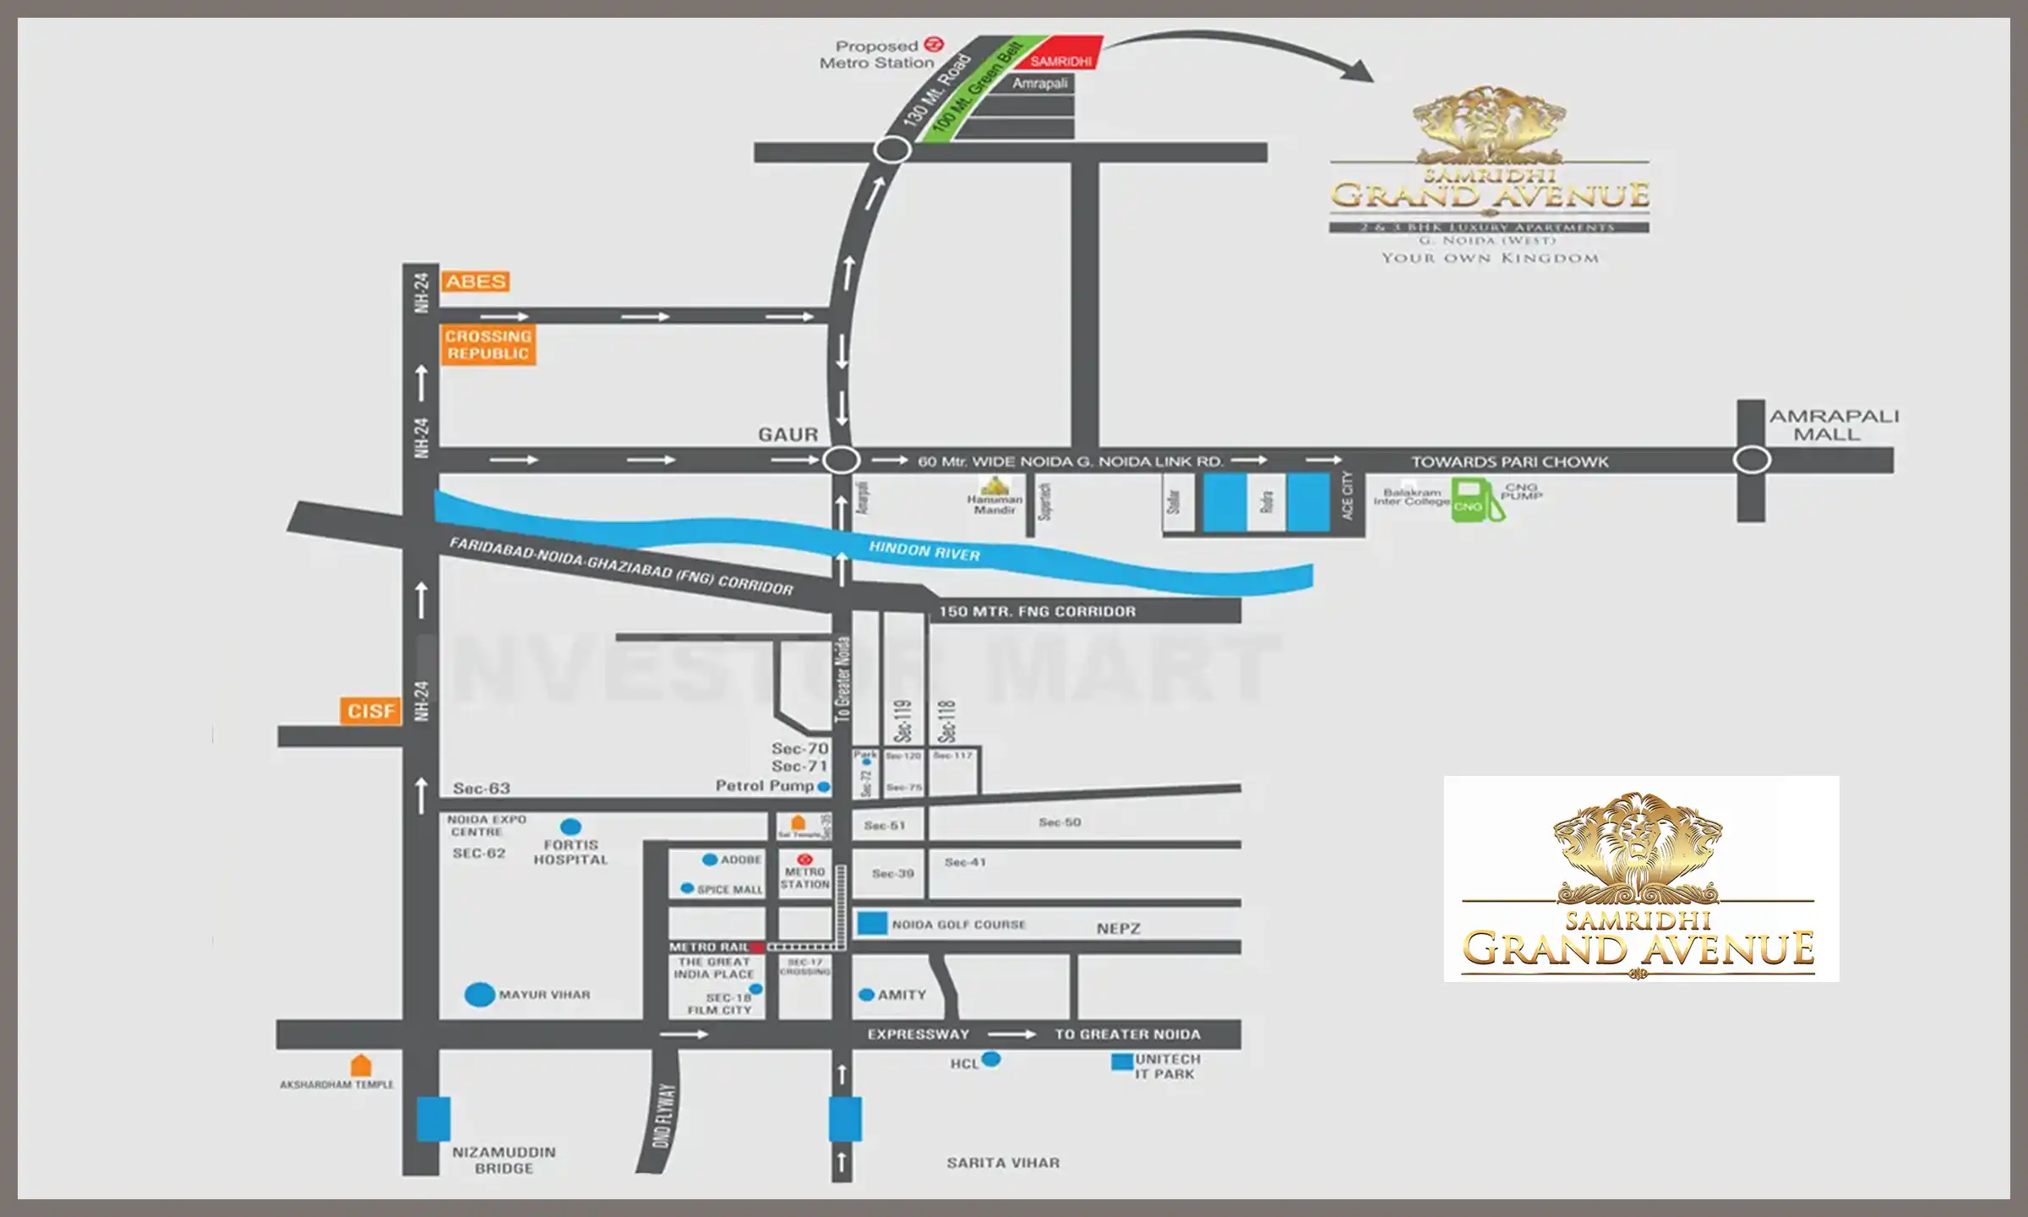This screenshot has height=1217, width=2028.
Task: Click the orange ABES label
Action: (476, 281)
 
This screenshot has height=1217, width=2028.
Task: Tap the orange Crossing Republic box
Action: (488, 345)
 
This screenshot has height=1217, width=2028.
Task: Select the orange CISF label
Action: (371, 711)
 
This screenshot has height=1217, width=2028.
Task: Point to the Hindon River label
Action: (924, 552)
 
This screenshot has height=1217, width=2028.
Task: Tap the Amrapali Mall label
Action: (1834, 425)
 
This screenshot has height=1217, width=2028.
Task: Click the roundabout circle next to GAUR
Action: (842, 461)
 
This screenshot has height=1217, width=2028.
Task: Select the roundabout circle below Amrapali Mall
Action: (1752, 461)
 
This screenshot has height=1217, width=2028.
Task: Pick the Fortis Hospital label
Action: (570, 852)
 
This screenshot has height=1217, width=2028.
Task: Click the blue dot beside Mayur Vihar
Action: (480, 995)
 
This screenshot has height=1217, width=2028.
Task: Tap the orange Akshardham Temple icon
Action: (361, 1066)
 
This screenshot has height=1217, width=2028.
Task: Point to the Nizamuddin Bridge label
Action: (504, 1160)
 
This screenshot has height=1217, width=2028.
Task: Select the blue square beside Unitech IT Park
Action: (1122, 1062)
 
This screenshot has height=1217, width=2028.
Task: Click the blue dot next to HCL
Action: (991, 1059)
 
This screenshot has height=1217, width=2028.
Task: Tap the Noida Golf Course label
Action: (958, 925)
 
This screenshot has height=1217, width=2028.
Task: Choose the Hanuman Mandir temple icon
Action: (995, 486)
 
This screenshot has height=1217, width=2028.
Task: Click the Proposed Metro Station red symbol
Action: (934, 45)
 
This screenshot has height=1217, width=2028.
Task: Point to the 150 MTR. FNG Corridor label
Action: (1037, 611)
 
